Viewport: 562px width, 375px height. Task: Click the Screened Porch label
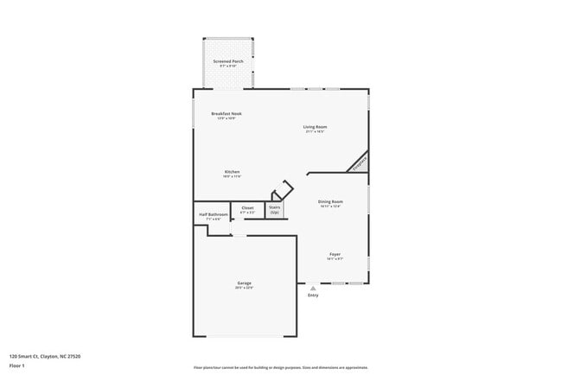click(228, 62)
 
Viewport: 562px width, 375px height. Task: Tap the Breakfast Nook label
click(226, 113)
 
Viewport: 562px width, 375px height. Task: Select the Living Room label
click(315, 127)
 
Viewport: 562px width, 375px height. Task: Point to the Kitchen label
click(232, 171)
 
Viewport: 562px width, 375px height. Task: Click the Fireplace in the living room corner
click(359, 162)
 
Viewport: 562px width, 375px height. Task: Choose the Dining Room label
click(330, 201)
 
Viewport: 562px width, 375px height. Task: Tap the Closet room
click(247, 210)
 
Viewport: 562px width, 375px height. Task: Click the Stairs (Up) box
click(275, 209)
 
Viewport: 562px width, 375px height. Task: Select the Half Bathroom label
click(214, 214)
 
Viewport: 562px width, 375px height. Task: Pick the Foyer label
click(335, 254)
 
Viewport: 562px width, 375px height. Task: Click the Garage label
click(245, 283)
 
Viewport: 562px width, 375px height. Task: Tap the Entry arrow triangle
click(313, 289)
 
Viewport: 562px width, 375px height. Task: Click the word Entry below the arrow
click(313, 296)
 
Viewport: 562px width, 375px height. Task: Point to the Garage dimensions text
click(245, 289)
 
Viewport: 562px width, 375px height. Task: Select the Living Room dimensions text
click(315, 132)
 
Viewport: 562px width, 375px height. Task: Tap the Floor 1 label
click(17, 365)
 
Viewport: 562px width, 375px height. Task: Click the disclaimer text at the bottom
click(280, 367)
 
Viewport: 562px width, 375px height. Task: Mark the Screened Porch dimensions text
click(228, 67)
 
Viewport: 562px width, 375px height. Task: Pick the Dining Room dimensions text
click(330, 207)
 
